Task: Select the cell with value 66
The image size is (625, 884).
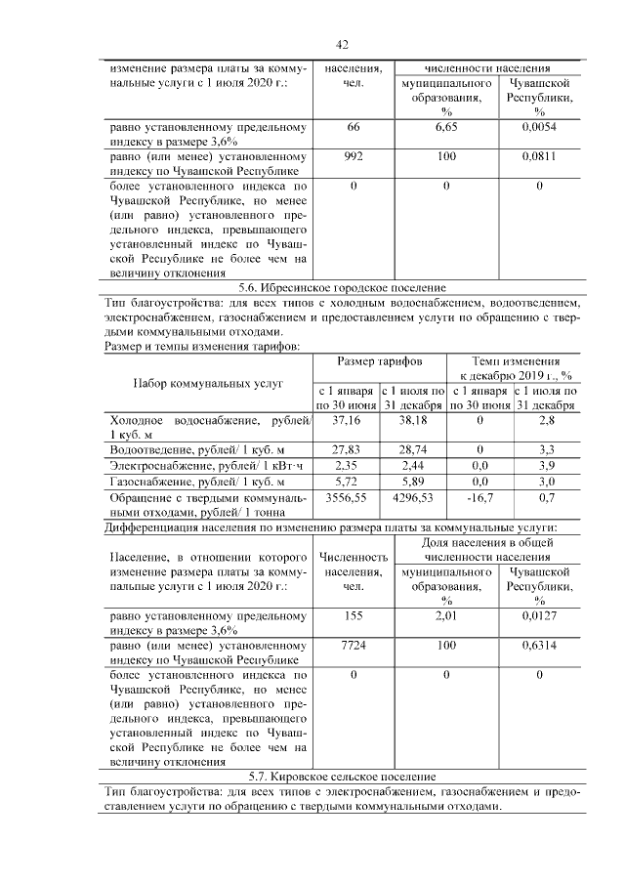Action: pos(353,127)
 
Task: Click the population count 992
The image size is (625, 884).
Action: pos(353,155)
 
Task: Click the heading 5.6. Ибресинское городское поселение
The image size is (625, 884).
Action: pos(342,288)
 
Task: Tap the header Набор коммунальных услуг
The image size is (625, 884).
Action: pos(208,383)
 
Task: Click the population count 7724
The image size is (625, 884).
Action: pos(353,646)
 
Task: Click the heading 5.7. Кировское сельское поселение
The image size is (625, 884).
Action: pos(342,776)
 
